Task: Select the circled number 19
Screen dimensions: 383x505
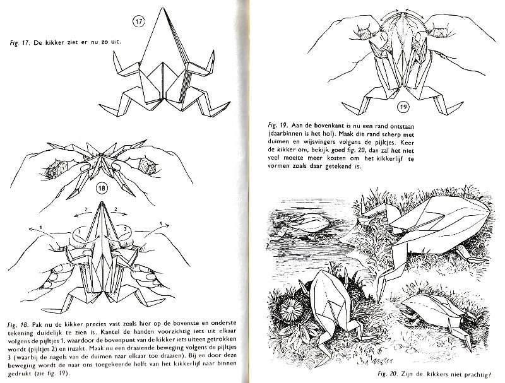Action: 368,107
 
